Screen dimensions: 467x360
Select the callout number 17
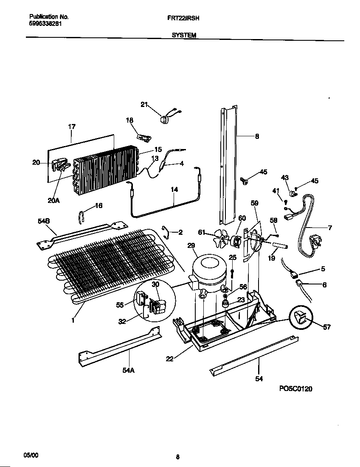72,127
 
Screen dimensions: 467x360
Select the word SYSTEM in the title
184,36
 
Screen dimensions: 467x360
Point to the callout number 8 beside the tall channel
257,136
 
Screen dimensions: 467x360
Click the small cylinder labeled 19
280,246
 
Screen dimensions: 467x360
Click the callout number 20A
53,201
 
